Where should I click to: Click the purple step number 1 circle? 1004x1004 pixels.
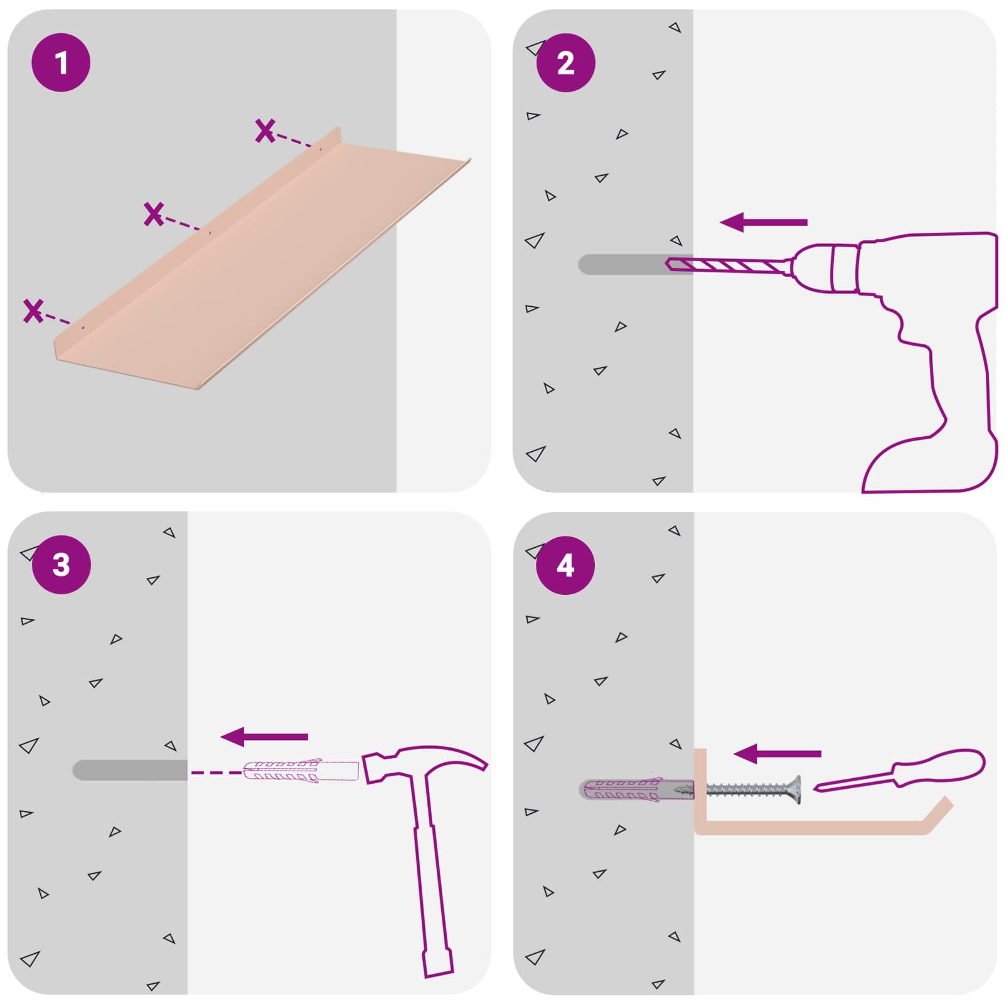[61, 63]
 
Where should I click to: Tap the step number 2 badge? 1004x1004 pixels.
[565, 63]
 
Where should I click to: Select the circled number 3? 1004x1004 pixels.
[61, 565]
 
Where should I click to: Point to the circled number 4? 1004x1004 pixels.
[565, 565]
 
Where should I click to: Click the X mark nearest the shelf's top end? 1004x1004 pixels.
[265, 131]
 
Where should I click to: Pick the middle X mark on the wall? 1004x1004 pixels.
[154, 214]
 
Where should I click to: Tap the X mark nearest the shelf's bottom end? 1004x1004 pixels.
[33, 311]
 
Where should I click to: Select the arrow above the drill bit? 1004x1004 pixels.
[763, 222]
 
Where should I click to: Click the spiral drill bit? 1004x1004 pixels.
[728, 265]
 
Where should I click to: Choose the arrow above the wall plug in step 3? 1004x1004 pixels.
[264, 737]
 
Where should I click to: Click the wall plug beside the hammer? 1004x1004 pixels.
[301, 771]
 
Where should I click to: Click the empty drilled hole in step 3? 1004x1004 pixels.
[130, 770]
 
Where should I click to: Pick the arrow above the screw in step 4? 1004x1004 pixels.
[777, 754]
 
